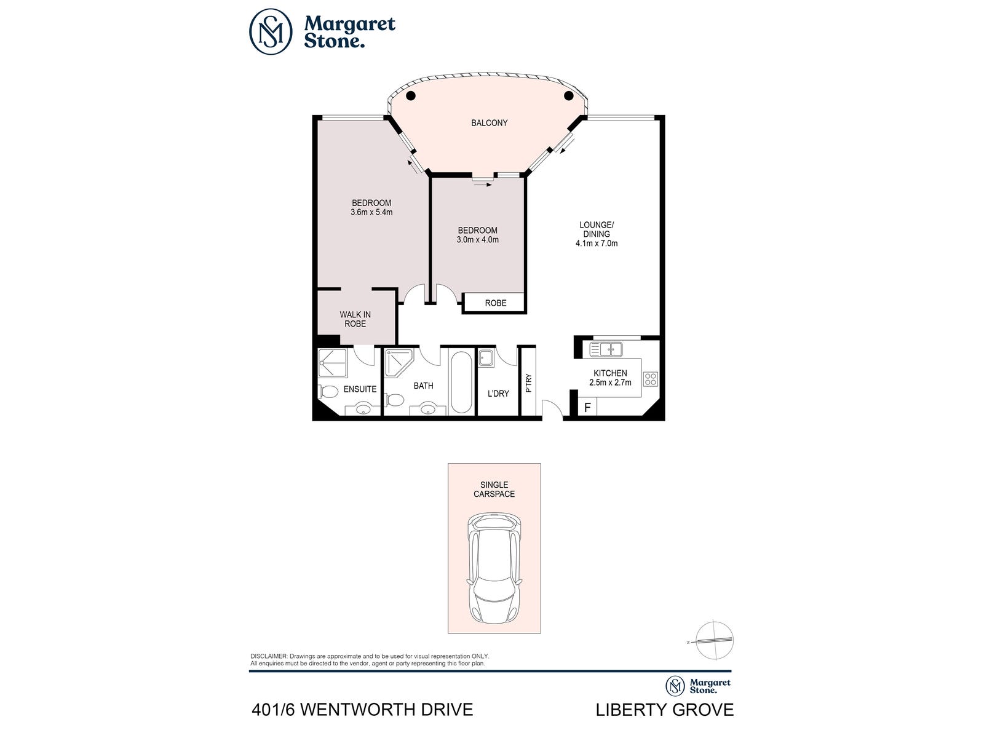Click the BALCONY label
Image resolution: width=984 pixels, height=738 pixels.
coord(489,123)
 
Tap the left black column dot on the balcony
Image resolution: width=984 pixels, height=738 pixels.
coord(411,95)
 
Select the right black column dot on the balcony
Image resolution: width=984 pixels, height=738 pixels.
coord(568,95)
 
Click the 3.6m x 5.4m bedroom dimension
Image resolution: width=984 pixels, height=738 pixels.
coord(371,212)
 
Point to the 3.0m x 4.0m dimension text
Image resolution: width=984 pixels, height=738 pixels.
coord(477,240)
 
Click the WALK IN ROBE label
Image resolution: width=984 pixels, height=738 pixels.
coord(355,319)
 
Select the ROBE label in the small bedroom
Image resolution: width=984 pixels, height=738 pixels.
coord(495,303)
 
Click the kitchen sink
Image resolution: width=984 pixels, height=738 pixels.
coord(606,349)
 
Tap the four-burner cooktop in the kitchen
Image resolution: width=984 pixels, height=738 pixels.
coord(651,379)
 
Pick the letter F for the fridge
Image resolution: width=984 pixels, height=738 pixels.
coord(588,408)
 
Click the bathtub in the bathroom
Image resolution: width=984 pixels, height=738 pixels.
coord(461,382)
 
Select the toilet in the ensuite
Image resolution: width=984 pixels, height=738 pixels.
coord(328,392)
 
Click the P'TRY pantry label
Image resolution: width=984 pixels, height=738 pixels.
coord(528,383)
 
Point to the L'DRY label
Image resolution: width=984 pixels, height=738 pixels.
coord(498,394)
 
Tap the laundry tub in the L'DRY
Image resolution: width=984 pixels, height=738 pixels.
coord(486,358)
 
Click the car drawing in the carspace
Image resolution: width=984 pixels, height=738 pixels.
coord(494,568)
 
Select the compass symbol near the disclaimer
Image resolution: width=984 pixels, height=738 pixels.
coord(715,641)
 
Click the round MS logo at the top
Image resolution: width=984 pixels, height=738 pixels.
coord(271,32)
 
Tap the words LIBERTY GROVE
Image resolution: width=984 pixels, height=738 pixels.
coord(664,710)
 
